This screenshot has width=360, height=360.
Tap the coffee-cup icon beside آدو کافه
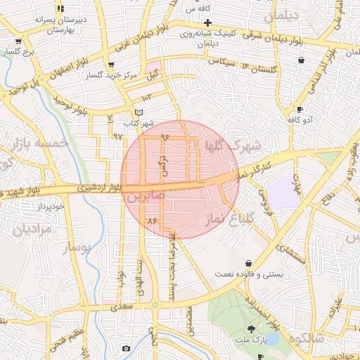(x=300, y=110)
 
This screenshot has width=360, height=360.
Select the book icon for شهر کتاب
(x=139, y=112)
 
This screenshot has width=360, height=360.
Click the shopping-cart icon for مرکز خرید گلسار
(x=111, y=65)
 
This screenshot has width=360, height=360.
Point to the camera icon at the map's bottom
(x=126, y=349)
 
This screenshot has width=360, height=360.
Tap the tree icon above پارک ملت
(x=251, y=329)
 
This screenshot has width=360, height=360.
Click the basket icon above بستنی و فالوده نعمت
(x=248, y=262)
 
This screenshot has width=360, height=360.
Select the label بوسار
(x=77, y=248)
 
